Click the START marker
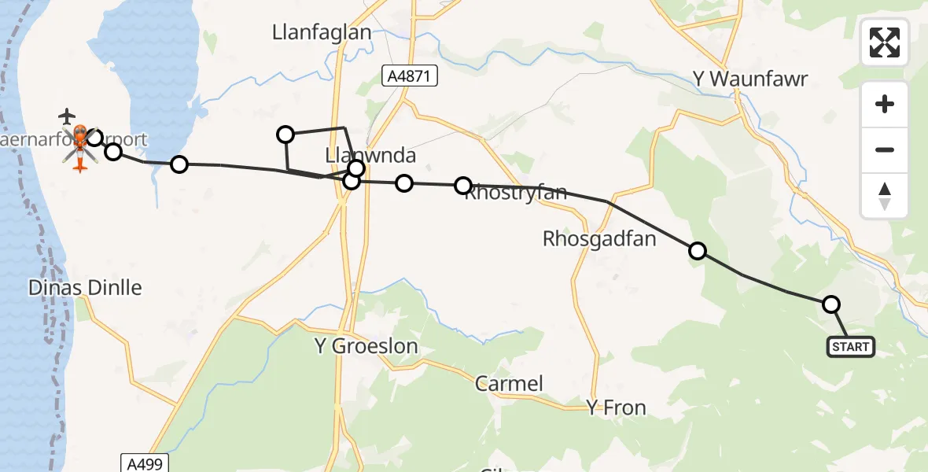(850, 347)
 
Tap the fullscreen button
(885, 42)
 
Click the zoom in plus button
(885, 104)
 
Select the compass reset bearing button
(885, 196)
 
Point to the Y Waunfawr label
(750, 79)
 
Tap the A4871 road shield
(410, 76)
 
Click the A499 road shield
(145, 463)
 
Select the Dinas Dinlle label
(85, 288)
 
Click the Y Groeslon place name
(366, 346)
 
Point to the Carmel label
(509, 384)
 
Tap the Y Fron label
(616, 407)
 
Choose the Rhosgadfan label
(599, 239)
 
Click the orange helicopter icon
(80, 148)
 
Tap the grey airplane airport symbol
(68, 116)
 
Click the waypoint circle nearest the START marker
(830, 304)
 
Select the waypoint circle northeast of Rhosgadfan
(697, 251)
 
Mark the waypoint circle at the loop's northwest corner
(285, 135)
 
